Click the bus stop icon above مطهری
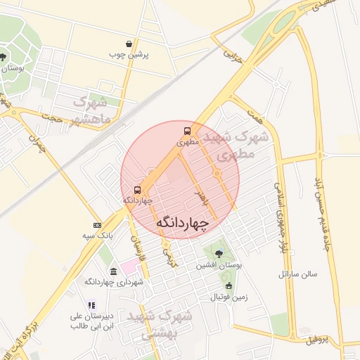[x=187, y=131]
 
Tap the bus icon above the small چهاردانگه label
[x=137, y=189]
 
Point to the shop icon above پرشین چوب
[x=129, y=44]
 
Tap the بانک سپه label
[x=97, y=236]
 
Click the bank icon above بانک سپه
[x=97, y=225]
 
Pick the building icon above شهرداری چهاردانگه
[x=113, y=271]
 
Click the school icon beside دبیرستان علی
[x=91, y=305]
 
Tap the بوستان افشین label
[x=219, y=265]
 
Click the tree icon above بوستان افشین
[x=219, y=254]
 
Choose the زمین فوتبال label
[x=229, y=297]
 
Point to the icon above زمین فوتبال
[x=229, y=285]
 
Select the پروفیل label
[x=317, y=340]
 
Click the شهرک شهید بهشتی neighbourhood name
[x=167, y=324]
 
